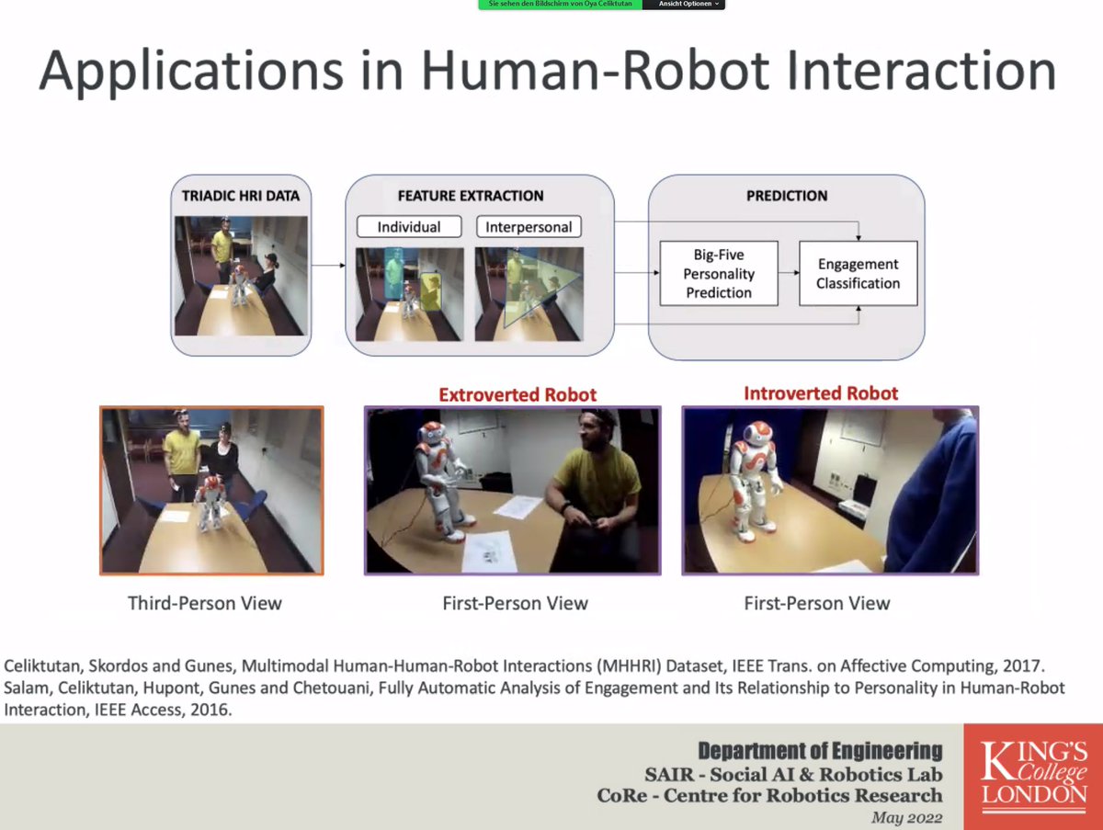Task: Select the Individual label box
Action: point(409,227)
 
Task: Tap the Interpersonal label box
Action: point(529,227)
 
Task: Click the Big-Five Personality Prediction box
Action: point(719,273)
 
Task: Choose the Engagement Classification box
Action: point(858,273)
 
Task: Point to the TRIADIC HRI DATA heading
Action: point(240,196)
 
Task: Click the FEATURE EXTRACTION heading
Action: point(470,196)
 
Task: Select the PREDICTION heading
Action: point(787,196)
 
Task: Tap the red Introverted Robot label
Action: point(821,393)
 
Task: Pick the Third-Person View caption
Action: point(204,604)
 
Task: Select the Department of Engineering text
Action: point(820,750)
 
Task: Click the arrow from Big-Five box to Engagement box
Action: point(788,273)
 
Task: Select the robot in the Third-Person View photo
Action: point(210,501)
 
